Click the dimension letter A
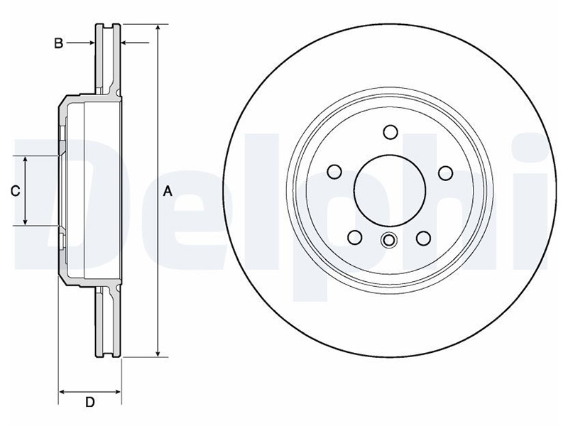coord(168,191)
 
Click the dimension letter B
coord(59,43)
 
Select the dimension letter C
coord(15,191)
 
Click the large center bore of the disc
coord(390,190)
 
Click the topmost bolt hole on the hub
coord(390,132)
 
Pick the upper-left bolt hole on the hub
coord(334,172)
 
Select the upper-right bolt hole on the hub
coord(446,173)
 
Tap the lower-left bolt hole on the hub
coord(354,238)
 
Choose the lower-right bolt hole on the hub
coord(423,239)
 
